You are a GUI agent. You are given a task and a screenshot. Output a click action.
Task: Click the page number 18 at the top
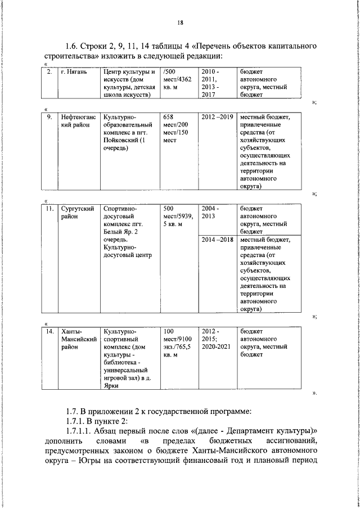180,22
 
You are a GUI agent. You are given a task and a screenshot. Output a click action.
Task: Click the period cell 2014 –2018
217,240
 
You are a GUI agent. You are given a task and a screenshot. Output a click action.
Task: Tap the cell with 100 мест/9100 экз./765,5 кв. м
178,343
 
